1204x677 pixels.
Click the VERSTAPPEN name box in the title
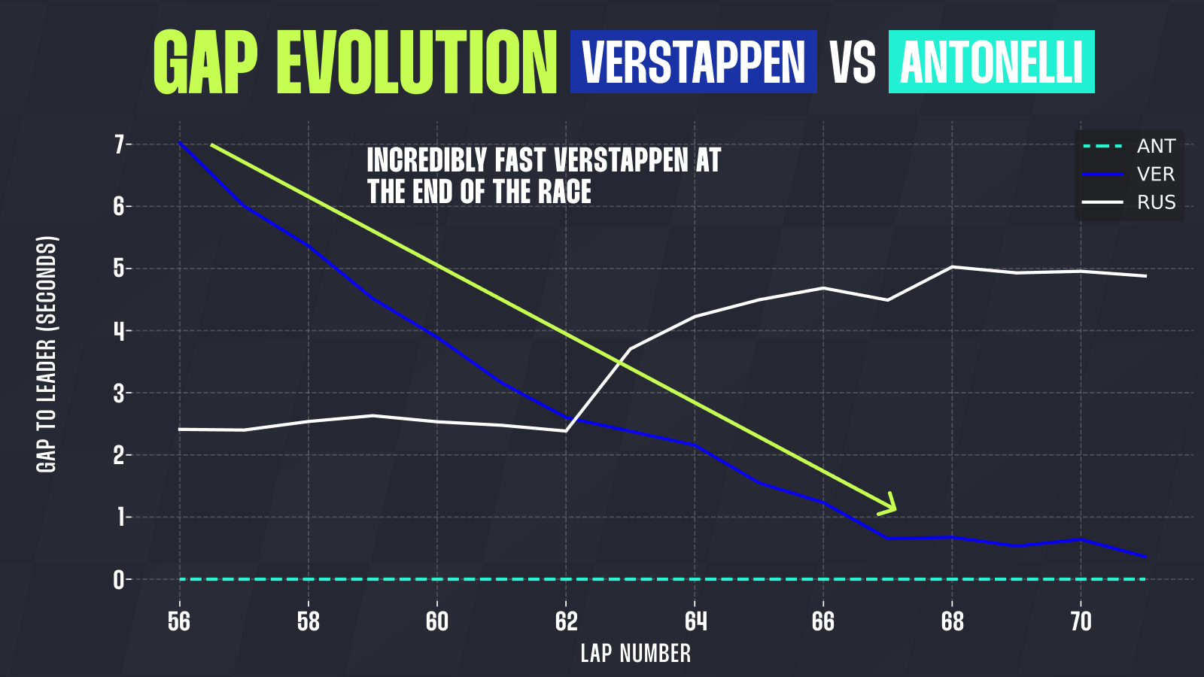693,62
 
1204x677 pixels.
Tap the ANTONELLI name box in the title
991,62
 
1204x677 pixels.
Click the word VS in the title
853,62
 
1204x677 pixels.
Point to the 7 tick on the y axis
119,144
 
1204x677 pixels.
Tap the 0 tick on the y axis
119,580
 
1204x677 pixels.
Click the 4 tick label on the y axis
119,331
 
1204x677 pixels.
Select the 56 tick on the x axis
179,621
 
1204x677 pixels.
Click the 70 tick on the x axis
1081,621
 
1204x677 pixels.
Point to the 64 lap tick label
695,621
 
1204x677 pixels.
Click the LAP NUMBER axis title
636,653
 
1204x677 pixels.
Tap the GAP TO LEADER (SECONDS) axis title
47,354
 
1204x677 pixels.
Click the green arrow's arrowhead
889,505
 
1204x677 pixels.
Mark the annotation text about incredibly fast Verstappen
543,176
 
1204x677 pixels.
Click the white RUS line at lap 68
952,267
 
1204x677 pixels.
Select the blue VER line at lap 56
180,143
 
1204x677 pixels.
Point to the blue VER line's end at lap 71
1145,556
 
